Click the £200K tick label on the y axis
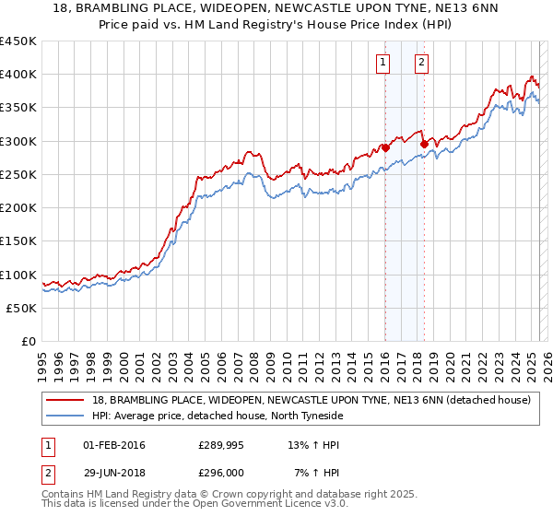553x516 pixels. [18, 208]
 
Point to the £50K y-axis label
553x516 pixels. [22, 308]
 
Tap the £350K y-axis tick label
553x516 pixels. [18, 108]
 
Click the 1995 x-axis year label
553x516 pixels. [41, 360]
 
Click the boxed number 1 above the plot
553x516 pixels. [382, 63]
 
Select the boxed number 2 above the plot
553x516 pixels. [421, 63]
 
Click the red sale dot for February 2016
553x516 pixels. [385, 147]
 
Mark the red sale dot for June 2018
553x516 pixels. [424, 144]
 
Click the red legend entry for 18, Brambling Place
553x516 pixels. [311, 400]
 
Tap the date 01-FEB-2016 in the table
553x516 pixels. [113, 446]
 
